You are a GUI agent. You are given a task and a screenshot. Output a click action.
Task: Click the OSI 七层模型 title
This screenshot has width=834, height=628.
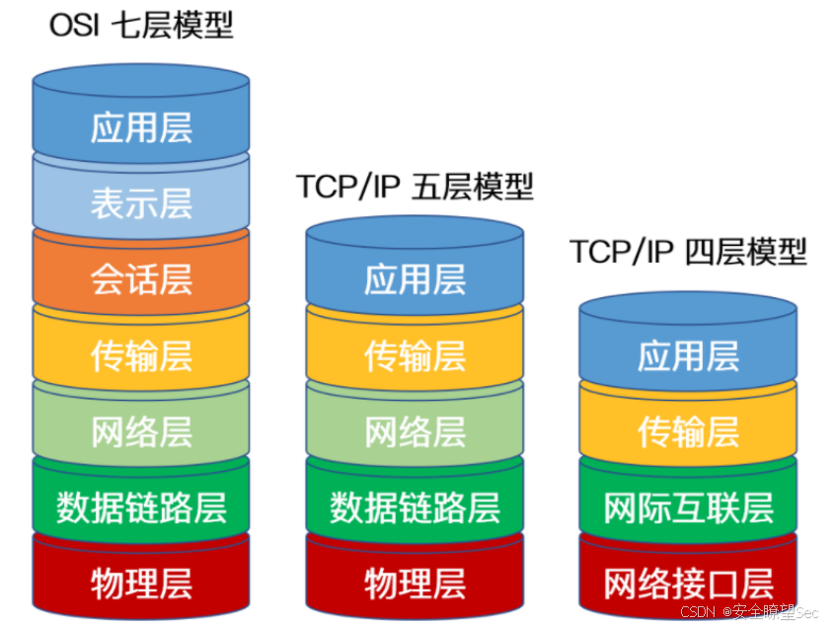[141, 25]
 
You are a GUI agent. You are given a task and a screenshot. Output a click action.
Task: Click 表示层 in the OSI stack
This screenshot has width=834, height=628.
[141, 203]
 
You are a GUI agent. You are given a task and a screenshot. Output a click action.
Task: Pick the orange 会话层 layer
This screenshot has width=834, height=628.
[141, 279]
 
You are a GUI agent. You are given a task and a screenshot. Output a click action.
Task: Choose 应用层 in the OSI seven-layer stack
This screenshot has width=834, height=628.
[141, 127]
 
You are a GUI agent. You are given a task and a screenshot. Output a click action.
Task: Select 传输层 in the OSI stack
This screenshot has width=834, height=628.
[141, 355]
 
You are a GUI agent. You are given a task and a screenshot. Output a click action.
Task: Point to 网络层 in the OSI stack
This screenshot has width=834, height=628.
[141, 432]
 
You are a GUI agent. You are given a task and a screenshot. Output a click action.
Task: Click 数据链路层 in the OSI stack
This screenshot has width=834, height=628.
[141, 508]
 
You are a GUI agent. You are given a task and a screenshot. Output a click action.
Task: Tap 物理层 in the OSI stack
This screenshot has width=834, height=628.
[141, 583]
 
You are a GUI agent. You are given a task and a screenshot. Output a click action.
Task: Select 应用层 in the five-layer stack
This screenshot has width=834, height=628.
[415, 279]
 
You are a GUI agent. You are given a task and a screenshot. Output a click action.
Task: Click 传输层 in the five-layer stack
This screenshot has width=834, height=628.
[415, 355]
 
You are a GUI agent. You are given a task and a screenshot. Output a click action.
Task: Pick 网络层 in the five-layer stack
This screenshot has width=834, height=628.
[415, 432]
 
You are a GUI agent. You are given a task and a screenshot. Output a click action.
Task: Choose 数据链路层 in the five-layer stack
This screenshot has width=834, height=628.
[415, 508]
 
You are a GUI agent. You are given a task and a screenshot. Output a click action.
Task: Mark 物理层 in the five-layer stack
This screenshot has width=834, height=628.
[415, 583]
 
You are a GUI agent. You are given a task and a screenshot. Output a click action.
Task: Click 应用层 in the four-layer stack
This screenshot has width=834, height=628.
[688, 355]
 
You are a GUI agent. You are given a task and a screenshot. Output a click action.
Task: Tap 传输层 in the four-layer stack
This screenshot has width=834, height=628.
[688, 432]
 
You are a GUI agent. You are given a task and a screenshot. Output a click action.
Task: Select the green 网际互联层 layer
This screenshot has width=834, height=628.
[688, 508]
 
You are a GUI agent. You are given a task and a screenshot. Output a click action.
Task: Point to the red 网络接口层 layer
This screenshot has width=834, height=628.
[688, 583]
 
